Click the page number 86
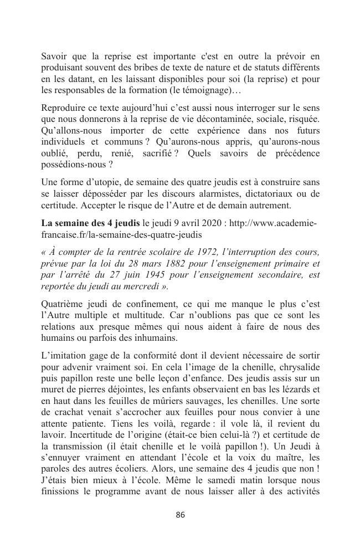180,515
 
